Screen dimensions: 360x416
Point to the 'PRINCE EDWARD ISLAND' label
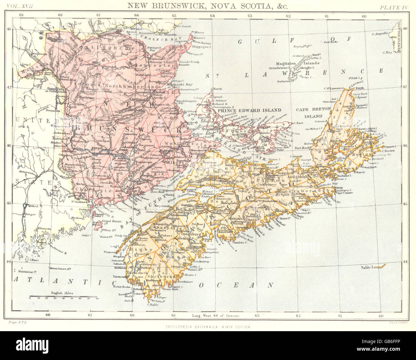pos(249,110)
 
